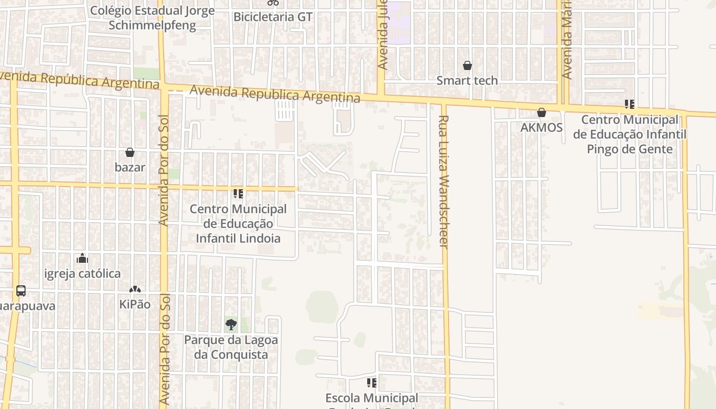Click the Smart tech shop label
pos(466,80)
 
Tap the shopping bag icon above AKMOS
pos(542,112)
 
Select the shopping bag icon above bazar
pos(130,152)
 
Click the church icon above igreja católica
pos(82,259)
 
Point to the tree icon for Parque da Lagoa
pos(231,324)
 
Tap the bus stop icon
pos(21,291)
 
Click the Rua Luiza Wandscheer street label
pos(443,181)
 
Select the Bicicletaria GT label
pos(273,17)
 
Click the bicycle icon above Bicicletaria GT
pos(273,3)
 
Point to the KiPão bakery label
pos(135,304)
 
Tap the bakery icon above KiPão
pos(135,290)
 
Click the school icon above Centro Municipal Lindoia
pos(238,194)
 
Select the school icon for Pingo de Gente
pos(629,104)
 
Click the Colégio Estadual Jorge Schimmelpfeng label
pos(152,18)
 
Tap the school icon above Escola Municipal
pos(372,382)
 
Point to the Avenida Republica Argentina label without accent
pos(275,94)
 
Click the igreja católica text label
pos(82,274)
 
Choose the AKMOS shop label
pos(542,127)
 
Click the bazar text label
pos(130,167)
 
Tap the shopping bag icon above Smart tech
pos(467,65)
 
